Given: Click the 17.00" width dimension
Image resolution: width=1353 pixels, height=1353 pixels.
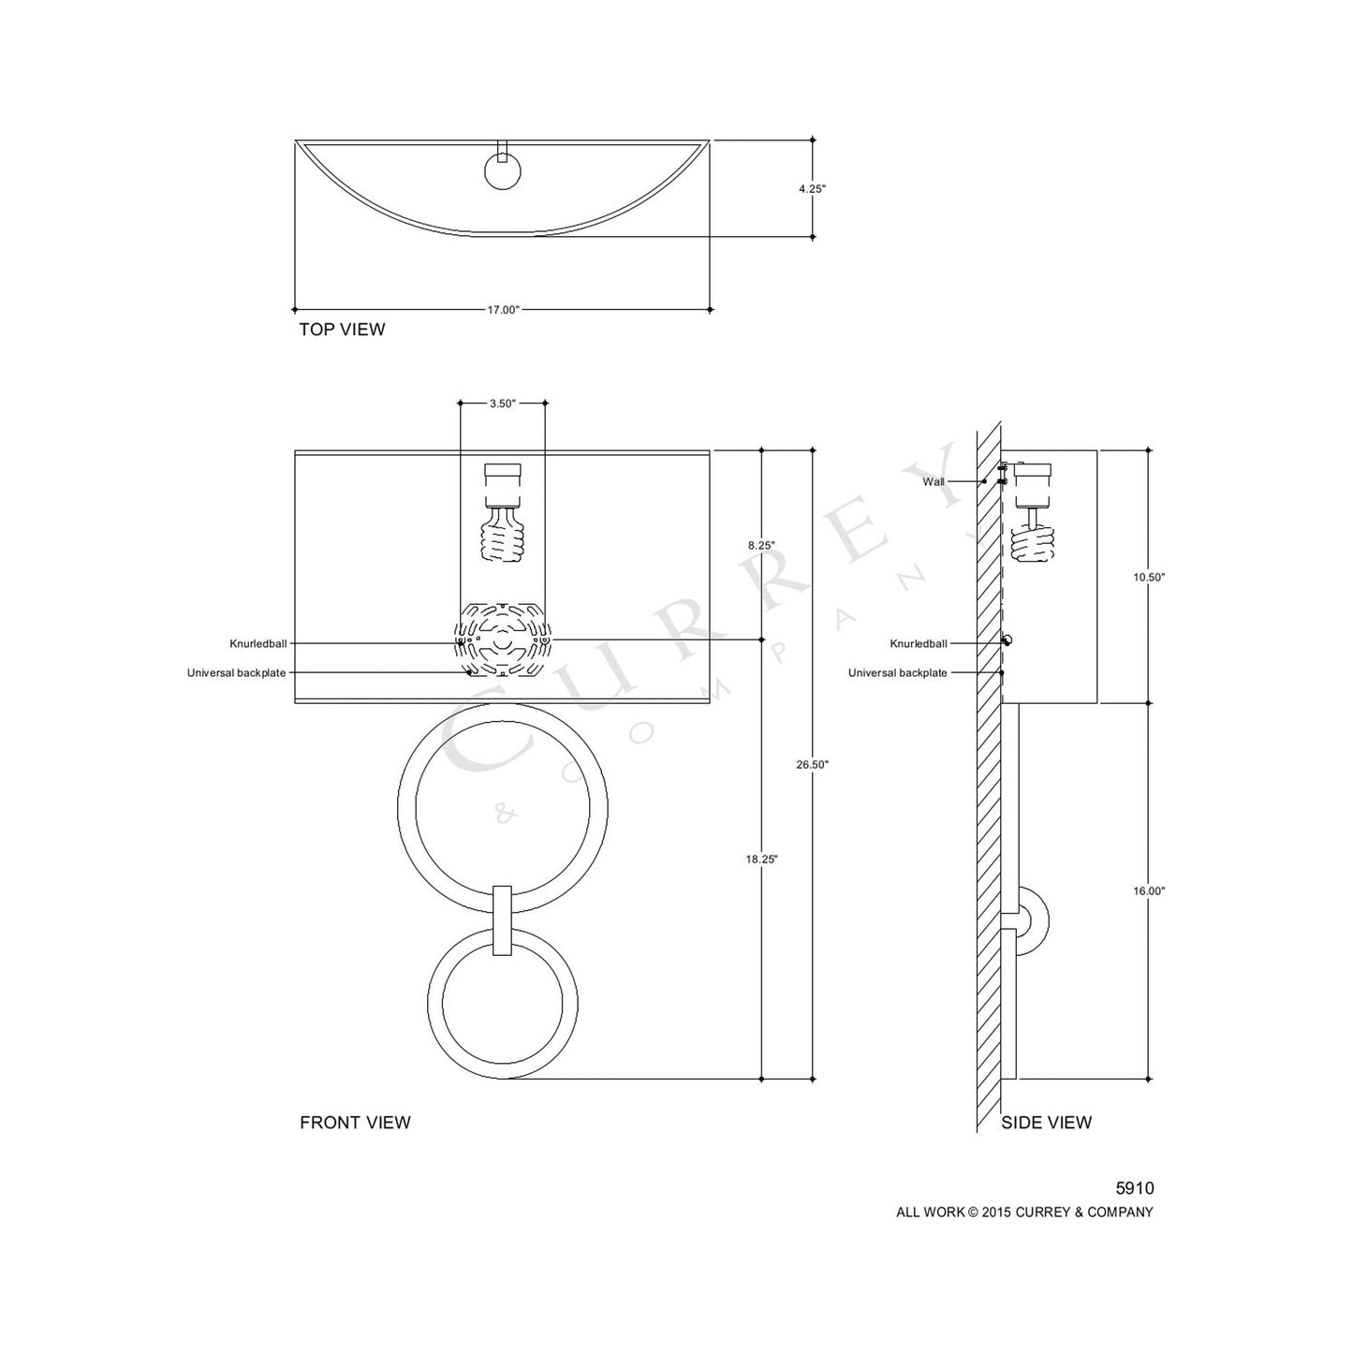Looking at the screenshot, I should pos(503,310).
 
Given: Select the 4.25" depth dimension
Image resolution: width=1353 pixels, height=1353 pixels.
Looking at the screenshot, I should pos(812,188).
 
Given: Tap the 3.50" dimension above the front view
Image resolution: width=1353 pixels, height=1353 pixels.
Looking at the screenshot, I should pos(503,404).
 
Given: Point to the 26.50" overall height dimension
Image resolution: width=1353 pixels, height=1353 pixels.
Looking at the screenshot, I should pos(812,764).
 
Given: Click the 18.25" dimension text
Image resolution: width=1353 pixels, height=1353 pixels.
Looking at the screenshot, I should pos(762,859).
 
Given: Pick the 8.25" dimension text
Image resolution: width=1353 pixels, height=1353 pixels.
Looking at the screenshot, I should pos(761,544).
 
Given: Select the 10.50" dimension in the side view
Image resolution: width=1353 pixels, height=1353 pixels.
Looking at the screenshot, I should pos(1149,578).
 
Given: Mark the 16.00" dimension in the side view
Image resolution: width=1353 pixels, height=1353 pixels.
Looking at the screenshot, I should pos(1149,891).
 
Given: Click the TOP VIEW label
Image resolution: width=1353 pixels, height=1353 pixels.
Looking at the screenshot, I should pos(342,330).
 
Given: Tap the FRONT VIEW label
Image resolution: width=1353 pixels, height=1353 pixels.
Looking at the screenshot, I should pos(355,1123).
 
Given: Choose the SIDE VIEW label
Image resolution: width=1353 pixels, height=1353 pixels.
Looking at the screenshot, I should pos(1046,1123).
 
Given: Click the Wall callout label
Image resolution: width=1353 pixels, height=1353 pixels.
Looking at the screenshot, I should pos(934,481).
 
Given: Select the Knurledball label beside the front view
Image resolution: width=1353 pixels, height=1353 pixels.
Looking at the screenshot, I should pos(258,644).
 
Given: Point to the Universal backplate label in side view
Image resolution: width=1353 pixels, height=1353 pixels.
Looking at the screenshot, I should pos(897,673).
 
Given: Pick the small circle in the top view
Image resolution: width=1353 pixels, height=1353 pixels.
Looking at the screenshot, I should pos(504,171).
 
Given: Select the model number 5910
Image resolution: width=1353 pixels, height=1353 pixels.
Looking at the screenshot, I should pos(1135,1188).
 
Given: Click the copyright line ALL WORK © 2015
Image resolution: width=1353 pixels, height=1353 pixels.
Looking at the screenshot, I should pos(1024,1213).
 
